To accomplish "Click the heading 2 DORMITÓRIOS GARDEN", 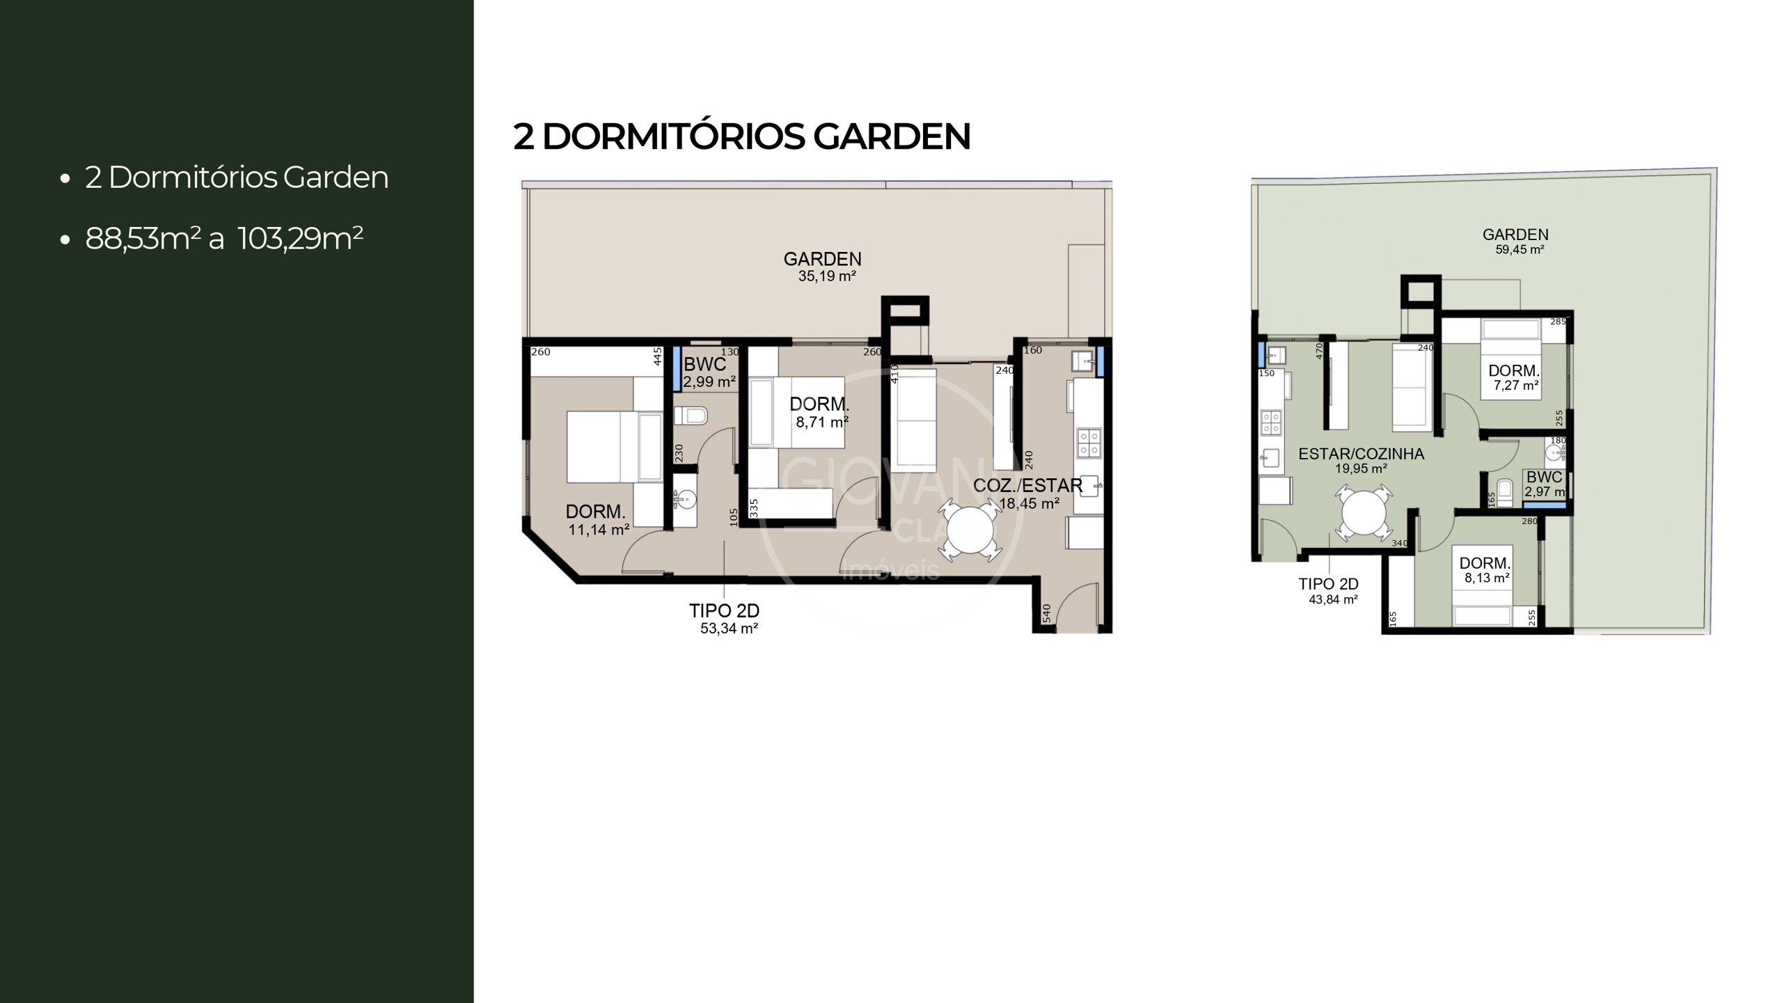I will tap(741, 136).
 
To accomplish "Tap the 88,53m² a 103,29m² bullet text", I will tap(223, 239).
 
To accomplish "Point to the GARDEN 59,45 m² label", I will tap(1515, 242).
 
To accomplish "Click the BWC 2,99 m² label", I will tap(708, 372).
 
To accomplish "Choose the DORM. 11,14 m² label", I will tap(597, 520).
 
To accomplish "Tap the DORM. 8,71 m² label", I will tap(820, 412).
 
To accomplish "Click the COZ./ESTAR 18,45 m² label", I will tap(1027, 493).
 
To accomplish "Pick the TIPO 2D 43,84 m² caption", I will tap(1329, 591).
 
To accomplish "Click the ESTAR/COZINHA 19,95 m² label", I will tap(1361, 460).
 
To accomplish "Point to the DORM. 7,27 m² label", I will tap(1514, 377).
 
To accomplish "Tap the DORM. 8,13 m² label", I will tap(1485, 569).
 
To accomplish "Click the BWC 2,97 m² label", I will tap(1544, 484).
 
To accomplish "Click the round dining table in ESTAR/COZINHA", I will tap(1364, 513).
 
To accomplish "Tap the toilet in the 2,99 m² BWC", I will tap(691, 416).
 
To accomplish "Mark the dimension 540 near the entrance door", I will tap(1046, 613).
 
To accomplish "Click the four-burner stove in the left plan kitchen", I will tap(1089, 443).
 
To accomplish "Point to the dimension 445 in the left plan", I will tap(657, 356).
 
